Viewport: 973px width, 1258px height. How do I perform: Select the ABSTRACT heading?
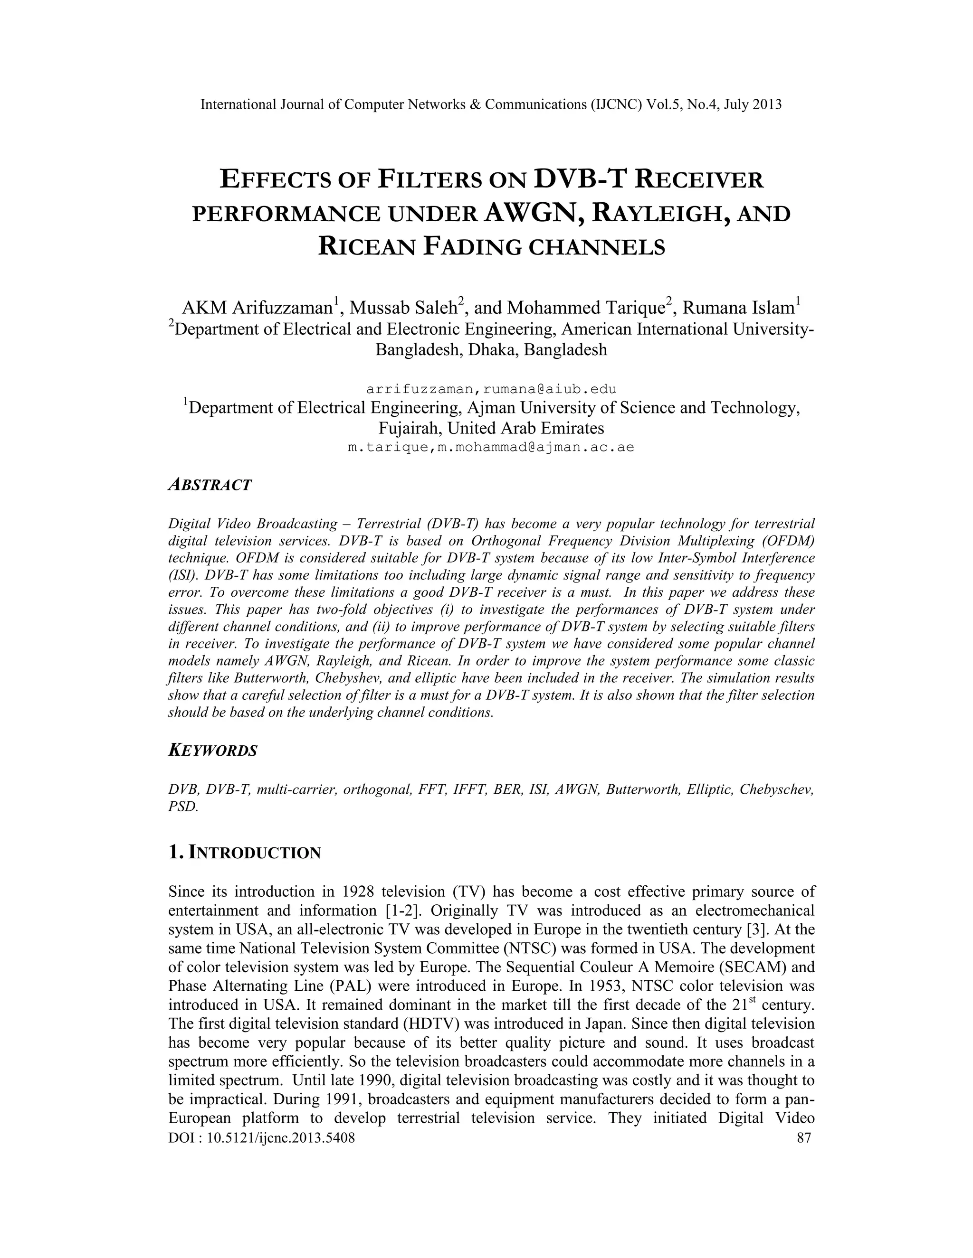(x=210, y=485)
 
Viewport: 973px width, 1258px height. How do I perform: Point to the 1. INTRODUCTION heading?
(x=244, y=853)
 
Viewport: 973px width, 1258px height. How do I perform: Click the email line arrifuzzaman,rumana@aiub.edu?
(x=491, y=389)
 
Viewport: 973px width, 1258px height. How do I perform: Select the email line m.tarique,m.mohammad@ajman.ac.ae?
(x=491, y=447)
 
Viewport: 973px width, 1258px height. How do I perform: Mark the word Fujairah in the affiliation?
(x=409, y=428)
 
